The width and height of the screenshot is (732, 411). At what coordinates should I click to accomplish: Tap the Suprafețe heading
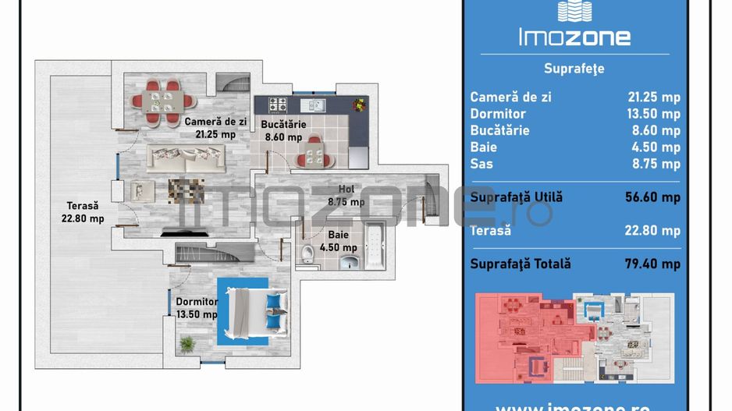pyautogui.click(x=575, y=69)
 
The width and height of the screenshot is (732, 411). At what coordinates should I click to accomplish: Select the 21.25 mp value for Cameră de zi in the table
pyautogui.click(x=654, y=97)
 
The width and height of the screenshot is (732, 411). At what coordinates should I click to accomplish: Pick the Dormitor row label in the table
pyautogui.click(x=498, y=114)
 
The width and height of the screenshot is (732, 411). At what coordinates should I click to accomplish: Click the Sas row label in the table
pyautogui.click(x=481, y=164)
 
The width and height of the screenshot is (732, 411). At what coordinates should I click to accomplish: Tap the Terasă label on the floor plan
pyautogui.click(x=82, y=206)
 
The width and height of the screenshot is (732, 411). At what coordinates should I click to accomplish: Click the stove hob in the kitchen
pyautogui.click(x=279, y=104)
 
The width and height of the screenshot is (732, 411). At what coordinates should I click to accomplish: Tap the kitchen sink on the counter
pyautogui.click(x=316, y=104)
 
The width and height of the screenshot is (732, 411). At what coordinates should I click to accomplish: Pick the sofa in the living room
pyautogui.click(x=187, y=159)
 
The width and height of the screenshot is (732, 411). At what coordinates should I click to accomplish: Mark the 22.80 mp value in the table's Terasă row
pyautogui.click(x=654, y=231)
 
